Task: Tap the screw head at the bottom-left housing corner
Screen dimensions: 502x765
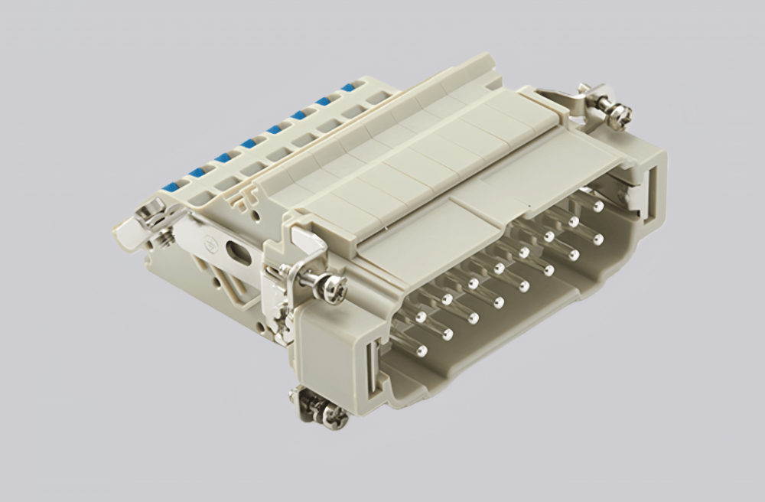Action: pos(334,414)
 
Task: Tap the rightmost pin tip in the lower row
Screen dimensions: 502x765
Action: pos(597,240)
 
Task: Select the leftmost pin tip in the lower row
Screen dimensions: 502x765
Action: pos(421,350)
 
